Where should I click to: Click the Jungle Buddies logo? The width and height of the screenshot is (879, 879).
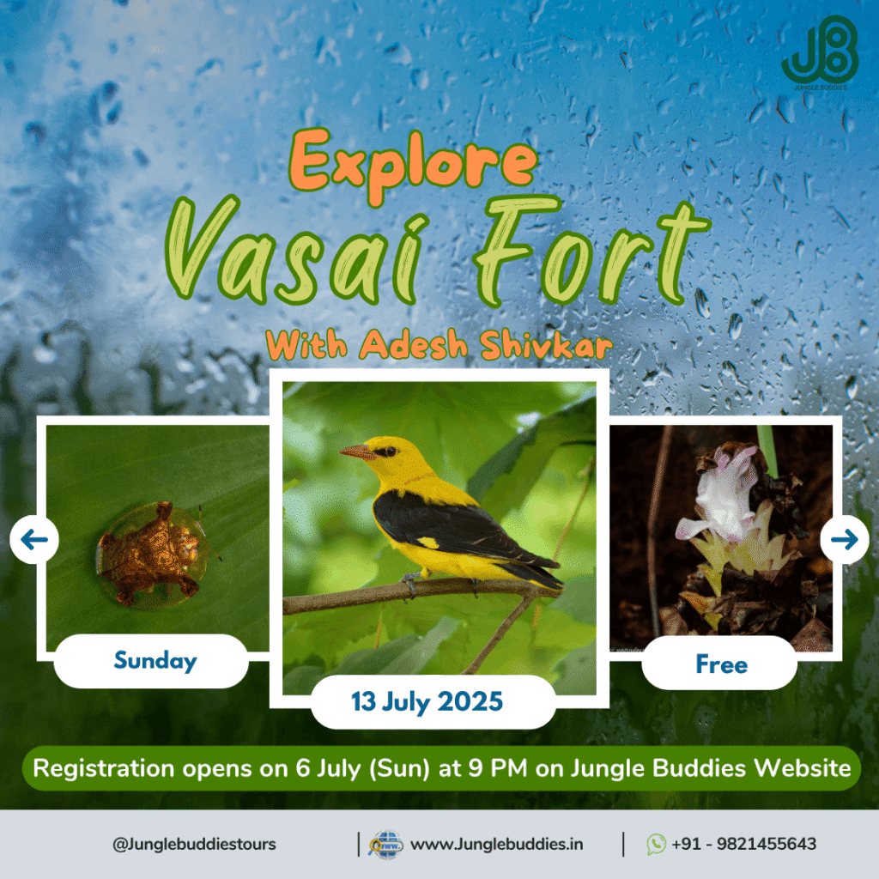819,53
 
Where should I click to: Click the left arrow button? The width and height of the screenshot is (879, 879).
34,540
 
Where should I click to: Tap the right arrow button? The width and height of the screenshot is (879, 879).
845,540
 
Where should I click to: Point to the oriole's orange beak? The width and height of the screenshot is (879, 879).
356,452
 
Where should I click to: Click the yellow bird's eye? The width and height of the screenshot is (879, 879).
383,450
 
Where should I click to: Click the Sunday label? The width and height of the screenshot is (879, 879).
155,661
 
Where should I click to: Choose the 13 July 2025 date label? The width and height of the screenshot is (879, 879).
427,701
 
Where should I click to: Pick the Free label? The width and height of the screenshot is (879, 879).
721,664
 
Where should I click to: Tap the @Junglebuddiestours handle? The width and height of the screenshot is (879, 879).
194,844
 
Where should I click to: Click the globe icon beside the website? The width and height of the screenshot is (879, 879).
385,845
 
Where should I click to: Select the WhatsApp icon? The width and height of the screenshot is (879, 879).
657,844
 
